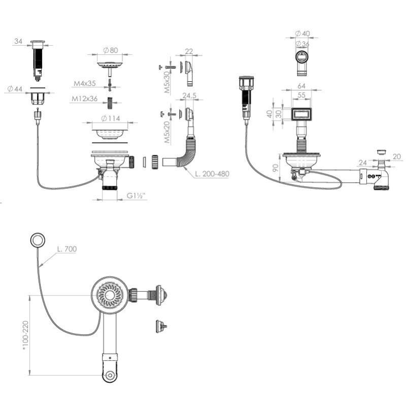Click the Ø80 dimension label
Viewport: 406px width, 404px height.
tap(111, 50)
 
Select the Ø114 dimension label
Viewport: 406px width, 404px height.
tap(110, 119)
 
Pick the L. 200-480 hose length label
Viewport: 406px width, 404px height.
tap(212, 174)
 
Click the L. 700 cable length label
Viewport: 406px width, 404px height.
tap(66, 249)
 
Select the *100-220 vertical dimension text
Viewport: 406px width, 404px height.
tap(24, 334)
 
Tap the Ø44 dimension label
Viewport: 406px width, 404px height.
tap(15, 89)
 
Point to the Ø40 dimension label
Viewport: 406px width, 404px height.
tap(303, 33)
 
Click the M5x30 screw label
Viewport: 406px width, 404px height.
tap(167, 82)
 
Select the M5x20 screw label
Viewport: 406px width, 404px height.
tap(167, 131)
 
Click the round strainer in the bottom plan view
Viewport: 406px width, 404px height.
tap(110, 295)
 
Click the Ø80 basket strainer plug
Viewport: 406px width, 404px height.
tap(109, 65)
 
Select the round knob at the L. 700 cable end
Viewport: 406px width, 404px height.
tap(37, 240)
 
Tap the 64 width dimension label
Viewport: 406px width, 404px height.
tap(301, 86)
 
